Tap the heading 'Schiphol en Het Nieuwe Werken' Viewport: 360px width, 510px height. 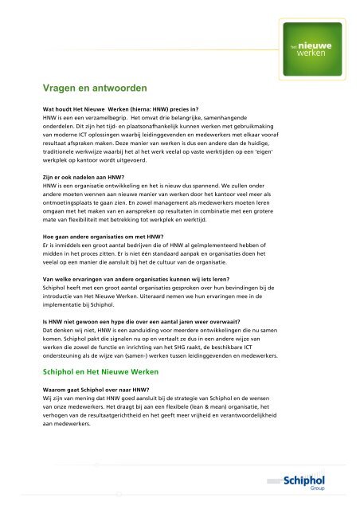[101, 328]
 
